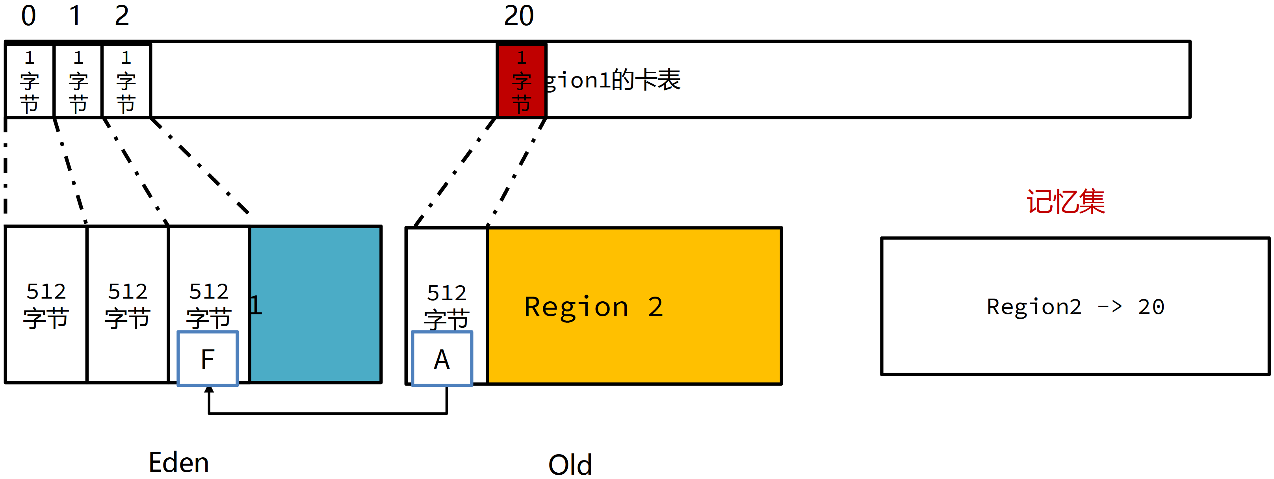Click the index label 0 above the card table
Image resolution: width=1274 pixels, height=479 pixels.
pos(29,16)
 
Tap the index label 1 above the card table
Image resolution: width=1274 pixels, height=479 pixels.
pos(75,16)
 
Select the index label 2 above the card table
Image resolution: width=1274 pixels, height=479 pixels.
pos(122,16)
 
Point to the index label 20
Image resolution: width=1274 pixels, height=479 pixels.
pos(519,16)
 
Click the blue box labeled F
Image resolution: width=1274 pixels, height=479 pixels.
pos(208,358)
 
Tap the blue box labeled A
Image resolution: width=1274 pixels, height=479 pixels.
pos(442,358)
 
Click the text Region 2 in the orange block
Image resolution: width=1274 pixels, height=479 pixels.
pos(594,306)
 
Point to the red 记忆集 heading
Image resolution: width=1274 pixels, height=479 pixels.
pos(1066,202)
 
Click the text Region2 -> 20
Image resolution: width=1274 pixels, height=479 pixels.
pos(1076,307)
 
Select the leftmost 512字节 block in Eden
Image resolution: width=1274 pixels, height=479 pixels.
pos(46,304)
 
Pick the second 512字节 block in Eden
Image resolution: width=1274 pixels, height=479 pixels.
pos(128,304)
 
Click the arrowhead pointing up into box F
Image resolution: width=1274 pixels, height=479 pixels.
pos(209,390)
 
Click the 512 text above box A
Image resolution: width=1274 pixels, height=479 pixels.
pos(447,293)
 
